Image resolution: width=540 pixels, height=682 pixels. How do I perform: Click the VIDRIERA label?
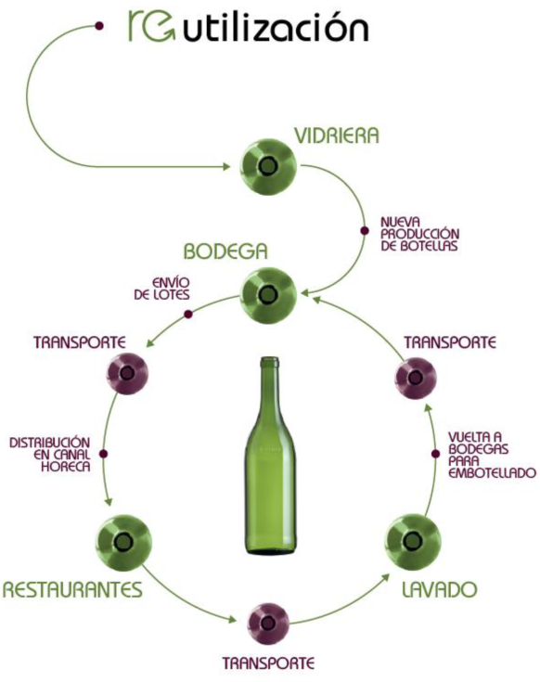tap(337, 135)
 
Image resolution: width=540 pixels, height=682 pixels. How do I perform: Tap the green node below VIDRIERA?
tap(268, 167)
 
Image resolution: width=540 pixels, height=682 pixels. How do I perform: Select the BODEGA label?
tap(225, 251)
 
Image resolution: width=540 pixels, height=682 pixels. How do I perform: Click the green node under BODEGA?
tap(268, 295)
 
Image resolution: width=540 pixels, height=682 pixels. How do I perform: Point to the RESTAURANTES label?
tap(72, 590)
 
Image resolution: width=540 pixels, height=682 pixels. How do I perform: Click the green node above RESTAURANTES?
tap(124, 542)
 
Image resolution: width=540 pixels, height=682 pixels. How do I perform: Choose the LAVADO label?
tap(439, 590)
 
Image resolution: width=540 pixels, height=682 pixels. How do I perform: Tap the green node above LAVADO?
tap(413, 542)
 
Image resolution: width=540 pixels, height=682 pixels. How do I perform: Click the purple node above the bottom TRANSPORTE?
tap(268, 624)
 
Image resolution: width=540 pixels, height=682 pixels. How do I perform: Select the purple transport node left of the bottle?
tap(127, 374)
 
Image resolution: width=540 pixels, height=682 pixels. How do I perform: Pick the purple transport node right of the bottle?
tap(416, 378)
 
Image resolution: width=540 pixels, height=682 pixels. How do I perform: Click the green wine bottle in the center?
tap(270, 456)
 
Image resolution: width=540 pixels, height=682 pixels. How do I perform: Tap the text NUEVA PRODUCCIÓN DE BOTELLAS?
tap(419, 234)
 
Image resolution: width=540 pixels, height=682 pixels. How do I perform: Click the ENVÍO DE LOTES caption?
tap(161, 289)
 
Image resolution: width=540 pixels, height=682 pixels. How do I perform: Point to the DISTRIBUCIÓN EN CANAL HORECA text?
tap(50, 455)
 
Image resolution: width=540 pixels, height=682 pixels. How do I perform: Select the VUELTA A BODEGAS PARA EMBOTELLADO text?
tap(492, 455)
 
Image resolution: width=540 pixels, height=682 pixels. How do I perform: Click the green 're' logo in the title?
tap(151, 26)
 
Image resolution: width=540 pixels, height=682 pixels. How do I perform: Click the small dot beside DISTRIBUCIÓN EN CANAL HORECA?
tap(103, 454)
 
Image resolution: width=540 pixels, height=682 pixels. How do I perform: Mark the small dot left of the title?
tap(99, 27)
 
